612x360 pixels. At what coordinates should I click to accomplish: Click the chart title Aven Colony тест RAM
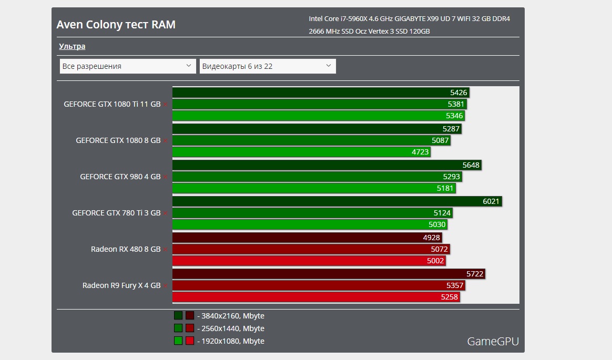tap(116, 25)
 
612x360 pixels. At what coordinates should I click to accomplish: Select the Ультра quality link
tap(72, 46)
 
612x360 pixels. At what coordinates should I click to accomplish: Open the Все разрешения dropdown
tap(128, 66)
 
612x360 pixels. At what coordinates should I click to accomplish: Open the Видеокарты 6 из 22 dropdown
tap(267, 66)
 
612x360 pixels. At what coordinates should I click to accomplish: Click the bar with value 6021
tap(336, 201)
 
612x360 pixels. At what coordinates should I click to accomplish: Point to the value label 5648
tap(471, 165)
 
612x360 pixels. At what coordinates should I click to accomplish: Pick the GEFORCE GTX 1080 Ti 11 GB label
tap(112, 104)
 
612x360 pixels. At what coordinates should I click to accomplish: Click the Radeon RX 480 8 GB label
tap(126, 249)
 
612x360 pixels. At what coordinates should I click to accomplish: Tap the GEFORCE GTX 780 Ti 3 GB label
tap(116, 213)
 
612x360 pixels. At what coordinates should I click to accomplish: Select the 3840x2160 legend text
tap(230, 316)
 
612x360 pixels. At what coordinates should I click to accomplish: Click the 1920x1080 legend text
tap(230, 341)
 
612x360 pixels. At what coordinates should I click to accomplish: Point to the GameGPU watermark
tap(493, 342)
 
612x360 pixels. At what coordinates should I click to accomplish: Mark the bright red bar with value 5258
tap(315, 297)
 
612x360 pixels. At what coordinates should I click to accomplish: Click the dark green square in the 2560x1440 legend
tap(178, 328)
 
